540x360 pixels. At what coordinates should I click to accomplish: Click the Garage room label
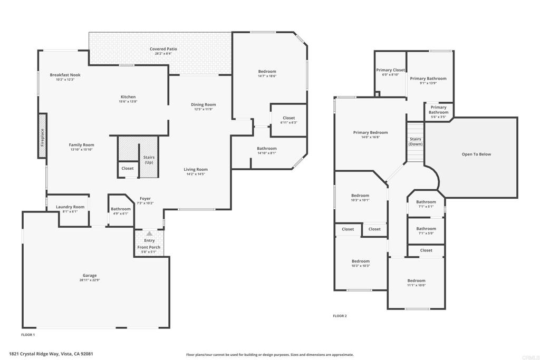pyautogui.click(x=89, y=275)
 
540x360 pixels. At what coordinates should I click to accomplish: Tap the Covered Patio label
pyautogui.click(x=163, y=49)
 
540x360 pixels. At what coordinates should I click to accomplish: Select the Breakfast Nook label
pyautogui.click(x=65, y=75)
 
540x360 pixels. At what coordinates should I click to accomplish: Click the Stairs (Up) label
pyautogui.click(x=149, y=160)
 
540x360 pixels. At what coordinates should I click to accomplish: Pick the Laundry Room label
pyautogui.click(x=70, y=207)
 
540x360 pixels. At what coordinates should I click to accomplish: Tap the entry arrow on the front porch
pyautogui.click(x=149, y=233)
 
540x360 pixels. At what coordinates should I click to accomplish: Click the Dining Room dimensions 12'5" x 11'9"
pyautogui.click(x=204, y=110)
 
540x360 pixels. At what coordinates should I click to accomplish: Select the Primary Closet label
pyautogui.click(x=390, y=70)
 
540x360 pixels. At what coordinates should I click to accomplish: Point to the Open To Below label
pyautogui.click(x=476, y=154)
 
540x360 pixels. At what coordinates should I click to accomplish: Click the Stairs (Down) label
pyautogui.click(x=416, y=141)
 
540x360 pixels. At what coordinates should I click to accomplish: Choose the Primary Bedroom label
pyautogui.click(x=370, y=133)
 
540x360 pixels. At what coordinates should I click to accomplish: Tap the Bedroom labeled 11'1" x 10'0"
pyautogui.click(x=416, y=281)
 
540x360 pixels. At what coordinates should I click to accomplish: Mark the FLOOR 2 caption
pyautogui.click(x=340, y=316)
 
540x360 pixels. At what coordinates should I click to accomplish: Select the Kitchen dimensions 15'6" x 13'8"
pyautogui.click(x=128, y=102)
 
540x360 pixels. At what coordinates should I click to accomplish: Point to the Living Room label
pyautogui.click(x=196, y=170)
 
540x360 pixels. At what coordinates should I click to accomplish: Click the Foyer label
pyautogui.click(x=145, y=199)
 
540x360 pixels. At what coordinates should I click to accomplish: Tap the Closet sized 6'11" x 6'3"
pyautogui.click(x=288, y=118)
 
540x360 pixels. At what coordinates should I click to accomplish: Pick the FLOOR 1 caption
pyautogui.click(x=28, y=335)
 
